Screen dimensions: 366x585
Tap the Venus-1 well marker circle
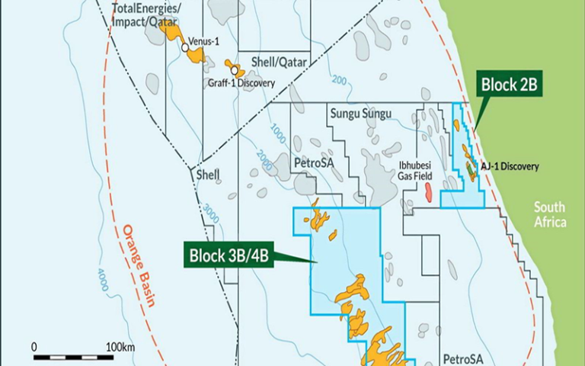(x=185, y=47)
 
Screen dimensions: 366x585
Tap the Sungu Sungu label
(x=360, y=114)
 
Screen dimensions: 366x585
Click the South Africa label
(x=550, y=214)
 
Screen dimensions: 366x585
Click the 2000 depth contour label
(x=264, y=161)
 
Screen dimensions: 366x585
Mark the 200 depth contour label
(x=339, y=81)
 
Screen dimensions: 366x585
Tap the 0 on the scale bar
(x=34, y=347)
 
